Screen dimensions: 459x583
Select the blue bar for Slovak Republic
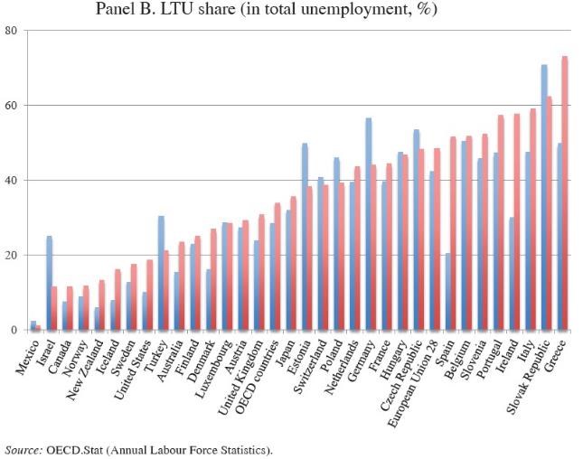pos(544,199)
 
